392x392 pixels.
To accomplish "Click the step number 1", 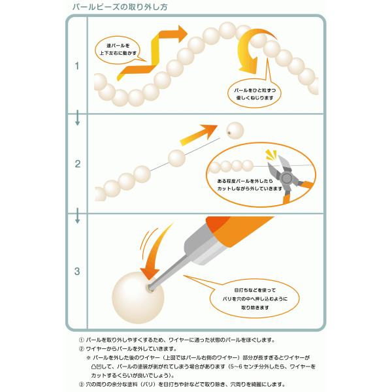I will (77, 66).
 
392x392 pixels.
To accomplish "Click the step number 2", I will (77, 164).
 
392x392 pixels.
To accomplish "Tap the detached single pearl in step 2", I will (233, 129).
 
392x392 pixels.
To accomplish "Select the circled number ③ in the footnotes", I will (82, 384).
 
